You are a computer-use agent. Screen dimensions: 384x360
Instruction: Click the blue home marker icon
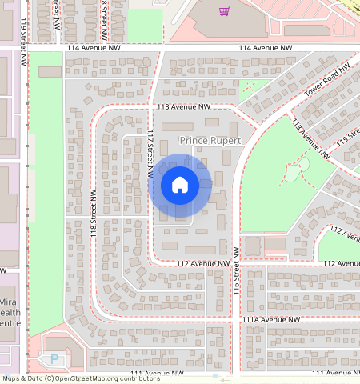tap(180, 185)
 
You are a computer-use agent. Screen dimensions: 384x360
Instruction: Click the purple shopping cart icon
tap(225, 11)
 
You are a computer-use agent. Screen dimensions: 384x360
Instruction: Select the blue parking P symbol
tap(54, 359)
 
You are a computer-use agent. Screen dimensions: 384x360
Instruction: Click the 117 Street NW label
tap(150, 154)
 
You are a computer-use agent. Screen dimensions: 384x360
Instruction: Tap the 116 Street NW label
tap(236, 273)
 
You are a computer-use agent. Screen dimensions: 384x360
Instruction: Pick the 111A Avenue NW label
tap(272, 319)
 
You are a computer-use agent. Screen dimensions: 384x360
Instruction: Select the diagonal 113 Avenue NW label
tap(310, 140)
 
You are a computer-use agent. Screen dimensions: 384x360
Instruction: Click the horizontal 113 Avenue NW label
tap(183, 106)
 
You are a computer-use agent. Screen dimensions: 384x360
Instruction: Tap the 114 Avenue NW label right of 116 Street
tap(266, 49)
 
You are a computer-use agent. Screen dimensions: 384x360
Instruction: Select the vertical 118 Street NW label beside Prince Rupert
tap(94, 217)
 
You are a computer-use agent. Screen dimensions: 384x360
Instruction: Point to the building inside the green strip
tap(50, 71)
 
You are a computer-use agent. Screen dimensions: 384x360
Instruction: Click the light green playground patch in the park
tap(302, 165)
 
